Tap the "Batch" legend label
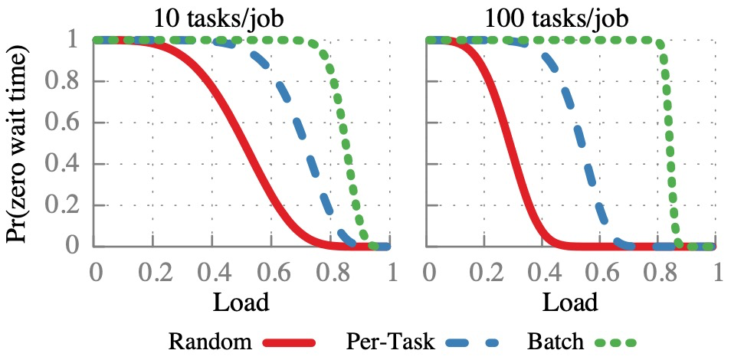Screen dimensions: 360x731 tap(556, 341)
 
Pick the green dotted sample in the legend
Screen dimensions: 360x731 tap(612, 342)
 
